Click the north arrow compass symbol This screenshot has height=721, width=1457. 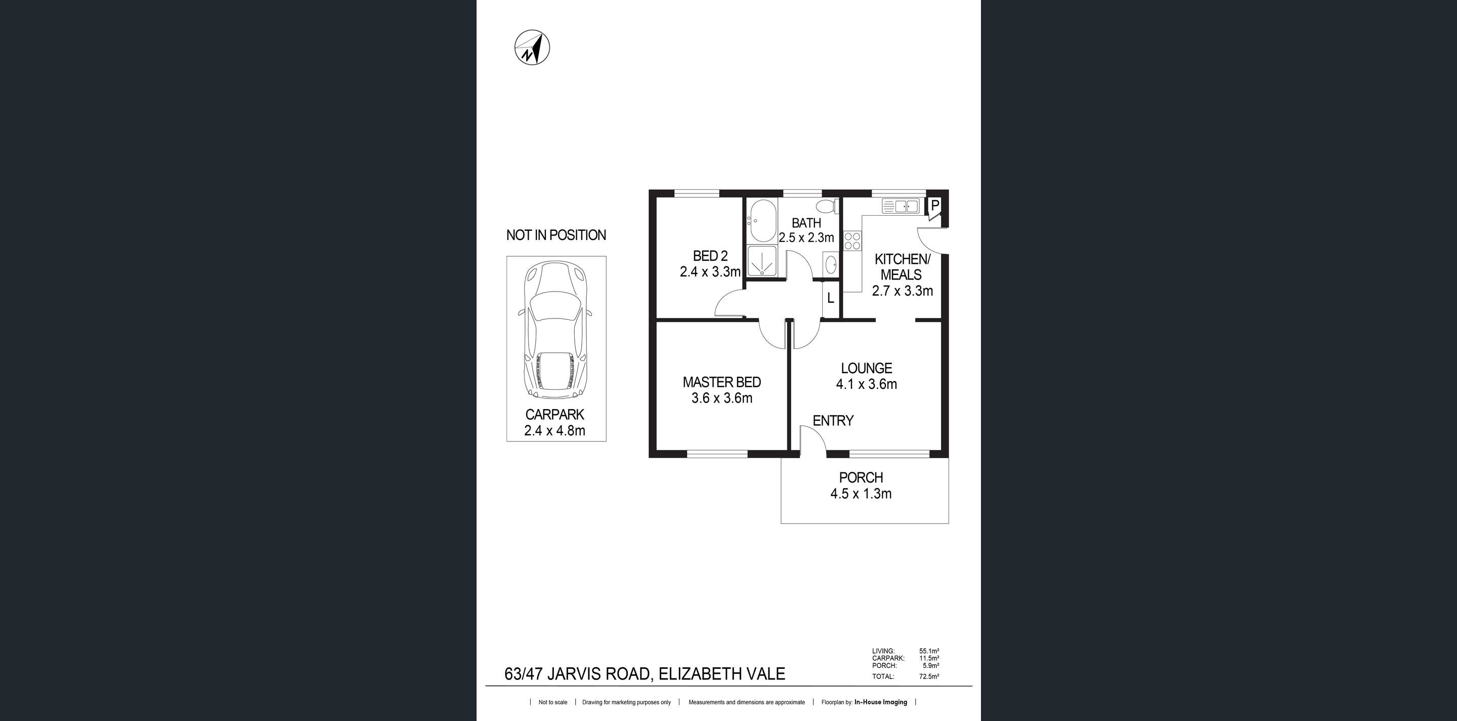pos(532,47)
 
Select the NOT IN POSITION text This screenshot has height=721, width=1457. pos(556,235)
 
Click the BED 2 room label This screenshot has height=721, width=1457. pos(710,256)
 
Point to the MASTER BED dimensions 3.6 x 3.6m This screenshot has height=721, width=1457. pos(722,398)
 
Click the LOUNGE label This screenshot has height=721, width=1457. pos(867,369)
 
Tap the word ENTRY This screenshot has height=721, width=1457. pos(833,420)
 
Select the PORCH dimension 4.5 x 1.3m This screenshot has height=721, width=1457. pos(861,494)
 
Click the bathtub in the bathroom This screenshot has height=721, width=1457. pos(761,221)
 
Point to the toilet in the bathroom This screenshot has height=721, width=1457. pos(828,206)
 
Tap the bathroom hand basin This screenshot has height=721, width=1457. pos(831,264)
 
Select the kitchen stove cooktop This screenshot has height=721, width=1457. pos(852,241)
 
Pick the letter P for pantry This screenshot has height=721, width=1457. pos(935,205)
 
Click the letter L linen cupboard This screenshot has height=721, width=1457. pos(830,298)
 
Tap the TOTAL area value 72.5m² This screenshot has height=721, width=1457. pos(929,676)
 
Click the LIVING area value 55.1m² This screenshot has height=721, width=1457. pos(929,652)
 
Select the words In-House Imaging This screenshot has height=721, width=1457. pos(881,702)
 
